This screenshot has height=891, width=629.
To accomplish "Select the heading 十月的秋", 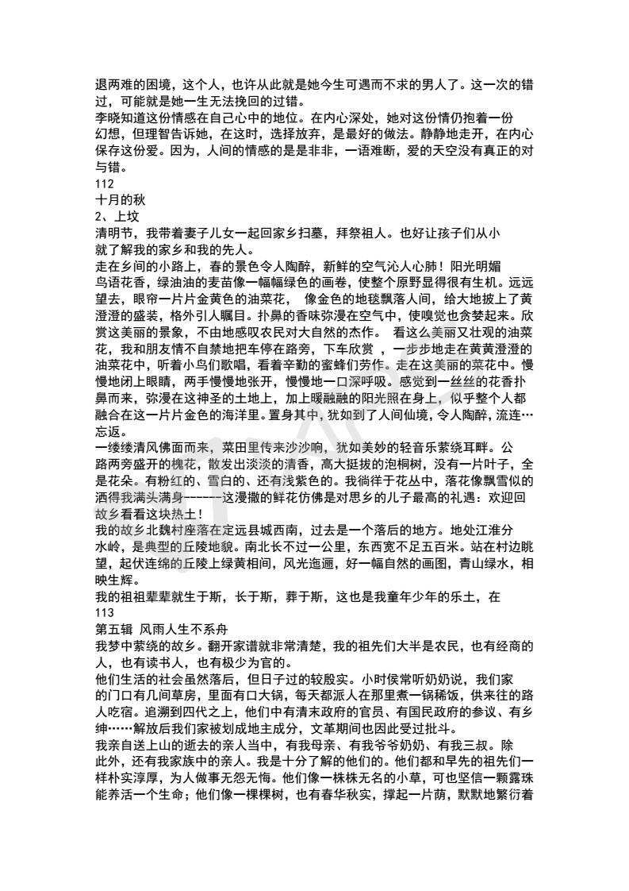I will coord(120,199).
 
